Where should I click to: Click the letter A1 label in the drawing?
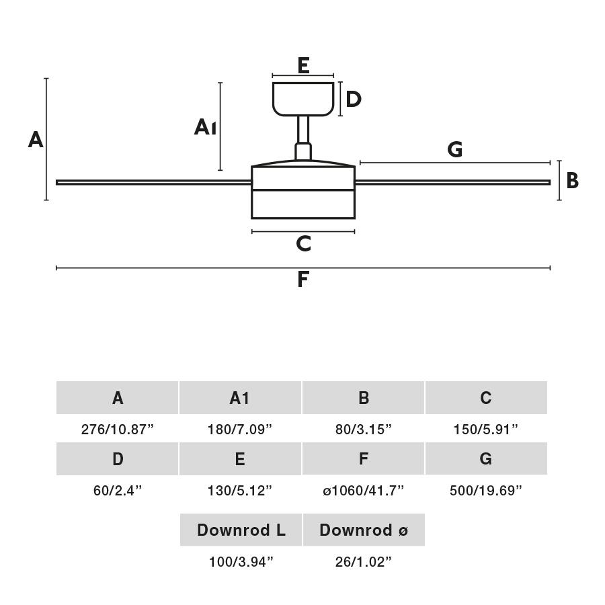(205, 126)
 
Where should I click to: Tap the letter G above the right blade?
(455, 149)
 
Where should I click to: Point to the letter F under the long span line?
(303, 280)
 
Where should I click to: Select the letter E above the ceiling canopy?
(303, 66)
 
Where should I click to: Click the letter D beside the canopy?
(354, 99)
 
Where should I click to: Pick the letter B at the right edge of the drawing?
(572, 181)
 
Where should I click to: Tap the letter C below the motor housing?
(303, 244)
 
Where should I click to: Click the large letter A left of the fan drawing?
(36, 140)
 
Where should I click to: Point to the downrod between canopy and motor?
(303, 129)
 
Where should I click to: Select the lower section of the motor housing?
(303, 204)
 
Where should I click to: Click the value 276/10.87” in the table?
(118, 430)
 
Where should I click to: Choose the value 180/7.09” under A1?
(240, 430)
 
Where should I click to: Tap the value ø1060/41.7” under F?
(364, 491)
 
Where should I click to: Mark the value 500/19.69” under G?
(486, 491)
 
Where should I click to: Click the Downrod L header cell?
(241, 530)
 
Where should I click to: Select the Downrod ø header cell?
(364, 530)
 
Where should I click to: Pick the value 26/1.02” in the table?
(364, 562)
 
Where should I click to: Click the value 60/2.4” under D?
(118, 491)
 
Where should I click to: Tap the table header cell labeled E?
(240, 459)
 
